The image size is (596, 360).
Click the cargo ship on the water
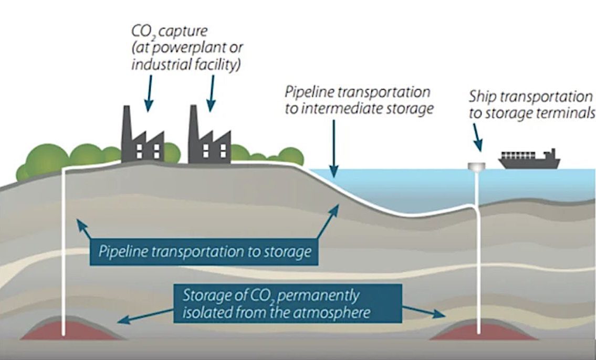pyautogui.click(x=528, y=159)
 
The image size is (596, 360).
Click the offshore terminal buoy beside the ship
pyautogui.click(x=477, y=166)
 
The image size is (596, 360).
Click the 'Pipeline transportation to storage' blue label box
pyautogui.click(x=205, y=252)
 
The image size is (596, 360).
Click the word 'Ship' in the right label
pyautogui.click(x=482, y=97)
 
